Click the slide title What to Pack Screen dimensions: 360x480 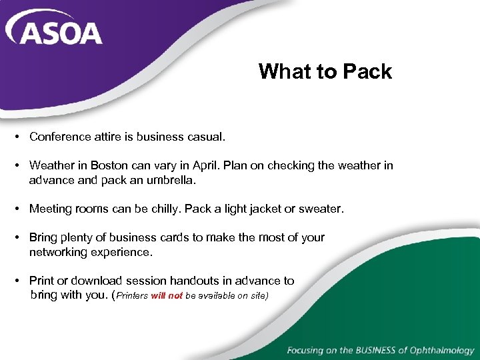point(325,71)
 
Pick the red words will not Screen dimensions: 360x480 point(167,295)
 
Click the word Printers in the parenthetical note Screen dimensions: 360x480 point(133,295)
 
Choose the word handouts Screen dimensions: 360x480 point(201,281)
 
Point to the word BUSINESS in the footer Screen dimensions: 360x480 point(365,350)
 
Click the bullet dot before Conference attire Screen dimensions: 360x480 point(15,137)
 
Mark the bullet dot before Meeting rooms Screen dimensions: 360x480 point(15,209)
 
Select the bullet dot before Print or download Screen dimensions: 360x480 point(15,281)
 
